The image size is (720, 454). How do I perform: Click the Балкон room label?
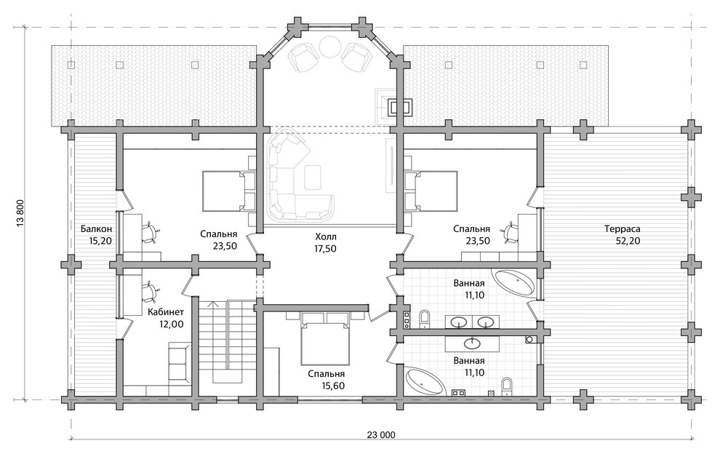pyautogui.click(x=96, y=228)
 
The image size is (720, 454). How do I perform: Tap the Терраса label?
pyautogui.click(x=623, y=228)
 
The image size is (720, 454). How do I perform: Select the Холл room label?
pyautogui.click(x=326, y=236)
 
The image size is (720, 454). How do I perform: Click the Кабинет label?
pyautogui.click(x=166, y=312)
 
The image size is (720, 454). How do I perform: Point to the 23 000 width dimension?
pyautogui.click(x=381, y=434)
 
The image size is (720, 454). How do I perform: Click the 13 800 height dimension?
pyautogui.click(x=20, y=212)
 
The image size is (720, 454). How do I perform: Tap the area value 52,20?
pyautogui.click(x=628, y=240)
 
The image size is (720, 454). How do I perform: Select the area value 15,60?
pyautogui.click(x=333, y=386)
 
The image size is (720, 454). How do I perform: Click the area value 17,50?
pyautogui.click(x=325, y=249)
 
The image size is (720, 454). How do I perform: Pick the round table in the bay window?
pyautogui.click(x=330, y=47)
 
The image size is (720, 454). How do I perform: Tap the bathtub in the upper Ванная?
pyautogui.click(x=514, y=282)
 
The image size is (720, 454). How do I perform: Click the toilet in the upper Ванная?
pyautogui.click(x=425, y=319)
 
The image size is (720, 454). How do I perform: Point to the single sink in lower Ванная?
pyautogui.click(x=472, y=343)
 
